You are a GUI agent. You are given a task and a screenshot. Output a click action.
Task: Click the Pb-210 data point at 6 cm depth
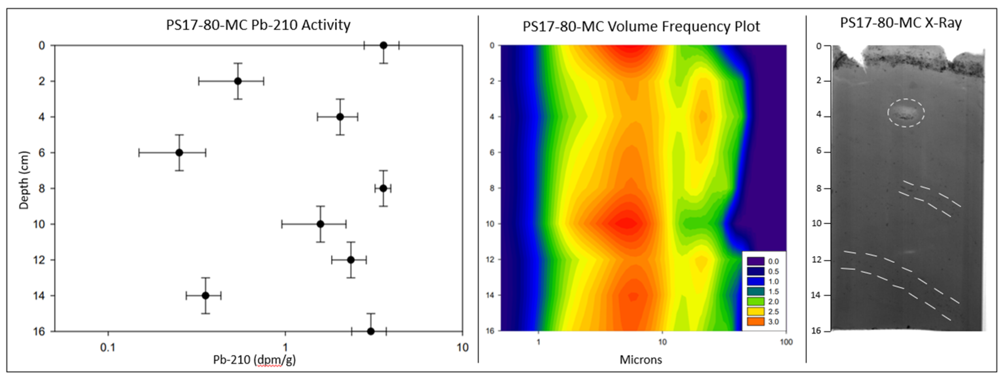[179, 153]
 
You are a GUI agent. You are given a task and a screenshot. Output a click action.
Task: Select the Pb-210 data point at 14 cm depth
[206, 295]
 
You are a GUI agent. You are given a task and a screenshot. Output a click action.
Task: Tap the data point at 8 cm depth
[383, 188]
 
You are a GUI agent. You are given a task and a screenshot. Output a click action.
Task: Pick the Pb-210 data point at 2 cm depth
[238, 81]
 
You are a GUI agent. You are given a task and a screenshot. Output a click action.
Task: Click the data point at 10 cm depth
[320, 224]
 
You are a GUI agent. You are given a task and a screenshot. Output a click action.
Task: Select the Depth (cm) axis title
[24, 180]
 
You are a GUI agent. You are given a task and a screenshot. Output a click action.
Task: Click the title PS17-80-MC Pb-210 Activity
[258, 25]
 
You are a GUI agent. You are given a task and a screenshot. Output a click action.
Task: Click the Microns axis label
[641, 360]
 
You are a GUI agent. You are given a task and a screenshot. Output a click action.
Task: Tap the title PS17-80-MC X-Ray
[901, 23]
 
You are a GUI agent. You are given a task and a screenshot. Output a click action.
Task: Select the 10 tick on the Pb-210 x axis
[462, 347]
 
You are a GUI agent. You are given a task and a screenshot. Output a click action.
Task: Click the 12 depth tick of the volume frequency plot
[492, 260]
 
